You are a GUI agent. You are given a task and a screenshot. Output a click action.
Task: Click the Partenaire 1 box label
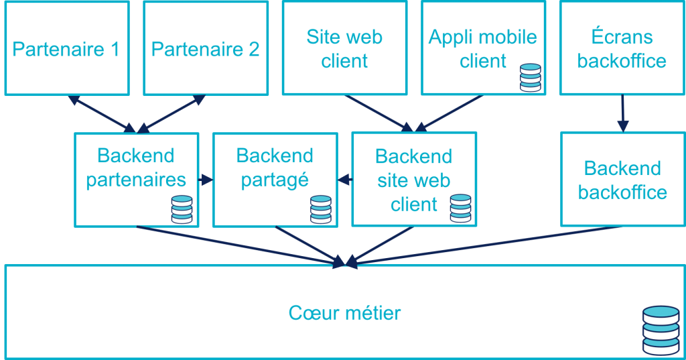tap(66, 50)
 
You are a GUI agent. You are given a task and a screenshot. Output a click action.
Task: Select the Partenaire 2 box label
tap(205, 50)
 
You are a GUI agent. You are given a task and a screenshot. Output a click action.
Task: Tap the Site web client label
tap(344, 48)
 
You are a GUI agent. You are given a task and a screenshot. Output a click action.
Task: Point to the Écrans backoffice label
tap(622, 48)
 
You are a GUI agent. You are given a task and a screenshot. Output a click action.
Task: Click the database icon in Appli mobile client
tap(530, 77)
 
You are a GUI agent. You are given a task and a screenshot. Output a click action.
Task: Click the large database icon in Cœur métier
tap(661, 331)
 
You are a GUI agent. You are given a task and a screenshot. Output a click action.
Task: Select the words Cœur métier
tap(344, 312)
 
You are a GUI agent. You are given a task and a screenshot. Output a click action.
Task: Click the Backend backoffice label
tap(622, 180)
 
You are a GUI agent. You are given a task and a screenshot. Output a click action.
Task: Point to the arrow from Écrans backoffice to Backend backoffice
tap(622, 113)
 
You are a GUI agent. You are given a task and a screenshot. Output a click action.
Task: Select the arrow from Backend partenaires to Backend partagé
tap(206, 180)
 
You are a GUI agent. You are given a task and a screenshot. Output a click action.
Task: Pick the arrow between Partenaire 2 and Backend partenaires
tap(170, 113)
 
